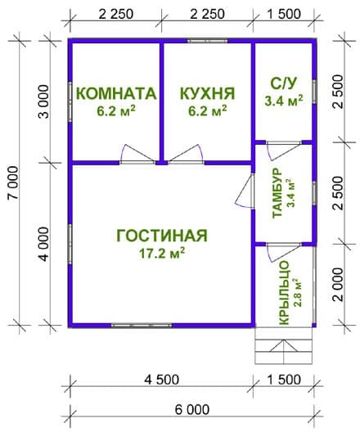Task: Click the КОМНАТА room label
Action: pos(116,93)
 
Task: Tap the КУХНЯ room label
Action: pos(207,93)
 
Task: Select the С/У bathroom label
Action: pos(284,84)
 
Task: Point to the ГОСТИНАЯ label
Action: pos(162,236)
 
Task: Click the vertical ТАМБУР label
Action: pos(277,193)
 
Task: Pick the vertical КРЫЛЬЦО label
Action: pos(284,293)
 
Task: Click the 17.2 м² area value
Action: pos(162,253)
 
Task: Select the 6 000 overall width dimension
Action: pos(192,410)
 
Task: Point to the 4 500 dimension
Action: pos(162,380)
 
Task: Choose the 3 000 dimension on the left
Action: pos(44,101)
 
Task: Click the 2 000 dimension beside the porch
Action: pos(338,285)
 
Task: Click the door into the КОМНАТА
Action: pos(137,155)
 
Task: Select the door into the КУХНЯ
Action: pos(187,155)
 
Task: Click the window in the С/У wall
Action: pos(314,92)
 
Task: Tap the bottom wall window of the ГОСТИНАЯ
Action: pos(142,326)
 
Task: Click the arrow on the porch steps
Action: pos(284,346)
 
